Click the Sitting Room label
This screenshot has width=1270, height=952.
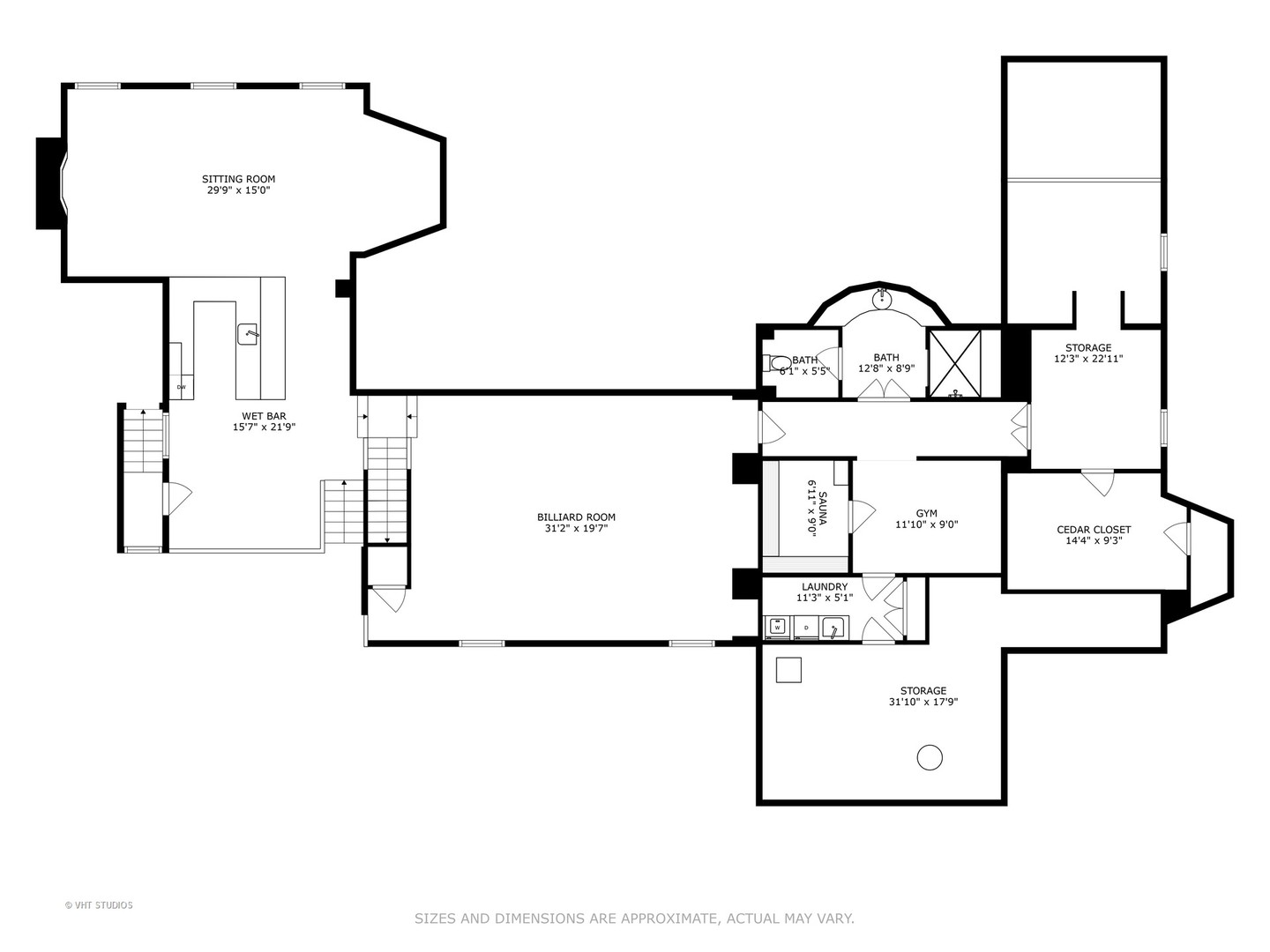click(238, 179)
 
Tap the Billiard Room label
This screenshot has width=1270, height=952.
click(576, 517)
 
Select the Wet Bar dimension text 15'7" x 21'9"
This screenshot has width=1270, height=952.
click(264, 428)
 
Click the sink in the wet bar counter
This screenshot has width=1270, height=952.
click(248, 334)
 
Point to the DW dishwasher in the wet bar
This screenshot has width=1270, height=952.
click(182, 387)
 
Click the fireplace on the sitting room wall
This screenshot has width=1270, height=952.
click(51, 183)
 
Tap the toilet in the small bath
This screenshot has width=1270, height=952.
click(775, 363)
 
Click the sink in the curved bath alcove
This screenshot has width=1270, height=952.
click(882, 299)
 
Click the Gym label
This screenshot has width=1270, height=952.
click(926, 513)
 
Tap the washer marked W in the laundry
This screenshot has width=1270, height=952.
click(778, 627)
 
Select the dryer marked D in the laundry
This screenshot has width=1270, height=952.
click(805, 627)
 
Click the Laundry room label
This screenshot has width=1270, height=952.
click(825, 587)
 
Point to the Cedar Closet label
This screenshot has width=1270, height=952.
click(1094, 530)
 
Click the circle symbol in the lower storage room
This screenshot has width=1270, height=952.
click(930, 756)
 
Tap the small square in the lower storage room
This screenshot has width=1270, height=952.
click(788, 670)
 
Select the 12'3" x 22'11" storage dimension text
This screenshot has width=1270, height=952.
click(1087, 359)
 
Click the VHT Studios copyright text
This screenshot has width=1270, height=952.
click(99, 905)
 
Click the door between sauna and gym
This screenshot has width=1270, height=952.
click(860, 517)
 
